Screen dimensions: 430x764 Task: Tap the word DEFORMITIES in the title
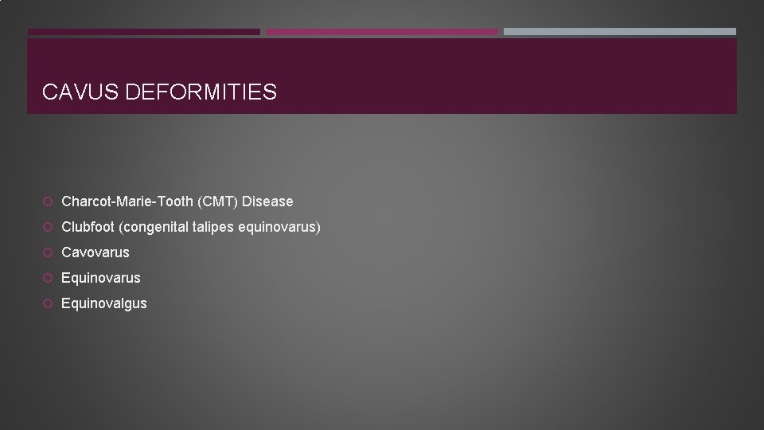tap(201, 92)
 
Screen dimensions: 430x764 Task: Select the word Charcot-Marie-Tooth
tap(127, 201)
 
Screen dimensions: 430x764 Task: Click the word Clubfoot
tap(88, 227)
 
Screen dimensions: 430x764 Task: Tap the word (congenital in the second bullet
tap(154, 227)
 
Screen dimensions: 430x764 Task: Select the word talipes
tap(213, 227)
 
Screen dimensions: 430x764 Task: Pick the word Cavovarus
tap(95, 252)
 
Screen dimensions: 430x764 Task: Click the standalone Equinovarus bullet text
tap(101, 278)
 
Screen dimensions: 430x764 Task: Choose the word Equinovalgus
tap(104, 303)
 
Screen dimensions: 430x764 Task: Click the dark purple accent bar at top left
tap(144, 32)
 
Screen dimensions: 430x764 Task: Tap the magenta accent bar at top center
tap(381, 32)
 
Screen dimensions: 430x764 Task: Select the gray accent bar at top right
tap(619, 32)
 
